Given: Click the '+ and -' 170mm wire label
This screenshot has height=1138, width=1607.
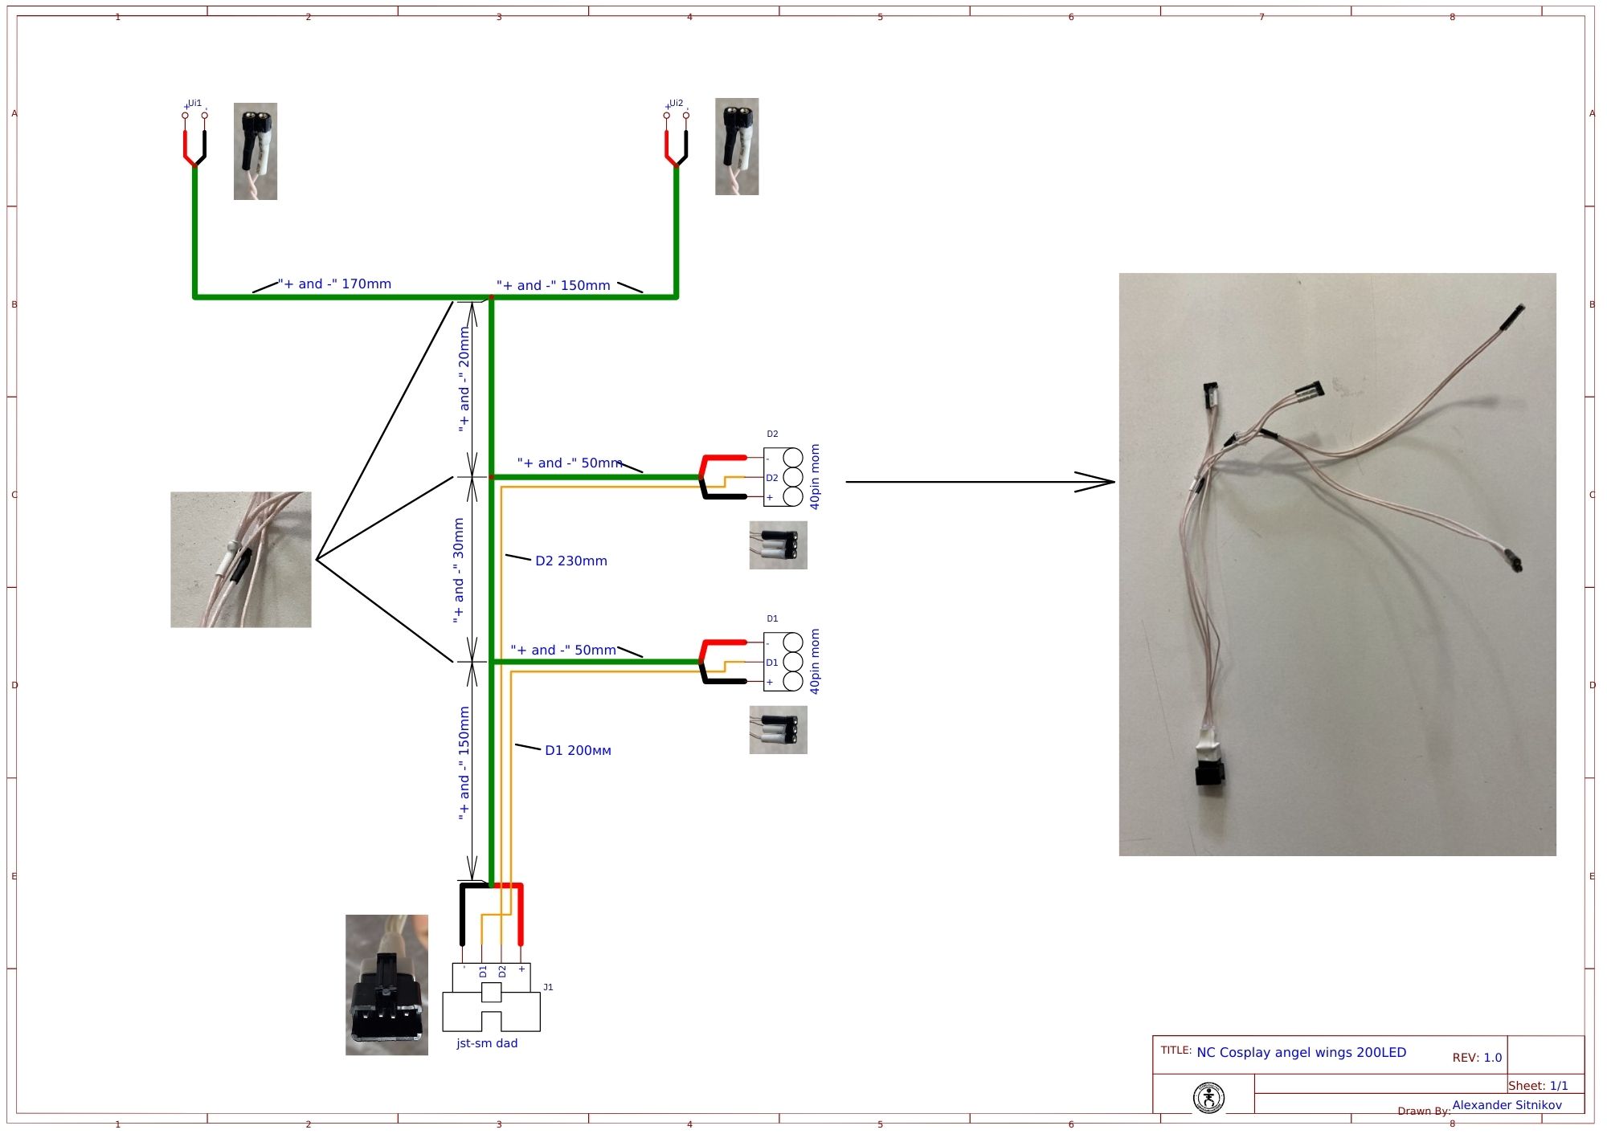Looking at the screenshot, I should pos(335,284).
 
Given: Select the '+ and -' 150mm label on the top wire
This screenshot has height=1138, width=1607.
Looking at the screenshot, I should pos(554,286).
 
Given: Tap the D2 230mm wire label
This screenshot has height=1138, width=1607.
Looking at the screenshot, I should pos(571,561).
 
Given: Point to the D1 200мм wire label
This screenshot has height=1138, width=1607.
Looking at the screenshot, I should pos(578,751).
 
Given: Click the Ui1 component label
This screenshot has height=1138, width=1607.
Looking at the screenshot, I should pos(194,104).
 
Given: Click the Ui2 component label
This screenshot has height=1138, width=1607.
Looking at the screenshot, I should pos(676,104).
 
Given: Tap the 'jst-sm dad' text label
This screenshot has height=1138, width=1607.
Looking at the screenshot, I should pos(487,1044).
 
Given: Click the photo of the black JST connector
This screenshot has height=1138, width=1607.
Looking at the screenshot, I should pos(386,985).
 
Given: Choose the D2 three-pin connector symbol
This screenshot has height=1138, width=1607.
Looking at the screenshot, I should pos(783,477).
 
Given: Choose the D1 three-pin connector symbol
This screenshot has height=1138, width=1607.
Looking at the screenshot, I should pos(783,663).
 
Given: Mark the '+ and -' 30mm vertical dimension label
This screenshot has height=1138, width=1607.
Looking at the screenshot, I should pos(458,570).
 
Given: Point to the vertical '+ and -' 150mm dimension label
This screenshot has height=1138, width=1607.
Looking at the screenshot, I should pos(464,763).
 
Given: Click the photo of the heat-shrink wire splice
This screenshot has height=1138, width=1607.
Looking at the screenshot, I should pos(240,560).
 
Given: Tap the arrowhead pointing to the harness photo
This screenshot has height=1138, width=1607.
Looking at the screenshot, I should pos(1097,482).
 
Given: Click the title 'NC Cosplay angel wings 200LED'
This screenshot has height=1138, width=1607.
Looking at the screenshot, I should pos(1301,1053).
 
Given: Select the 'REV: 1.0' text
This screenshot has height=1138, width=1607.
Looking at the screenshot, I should pos(1477,1058).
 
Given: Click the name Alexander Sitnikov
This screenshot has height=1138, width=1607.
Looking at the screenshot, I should pos(1507,1106).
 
